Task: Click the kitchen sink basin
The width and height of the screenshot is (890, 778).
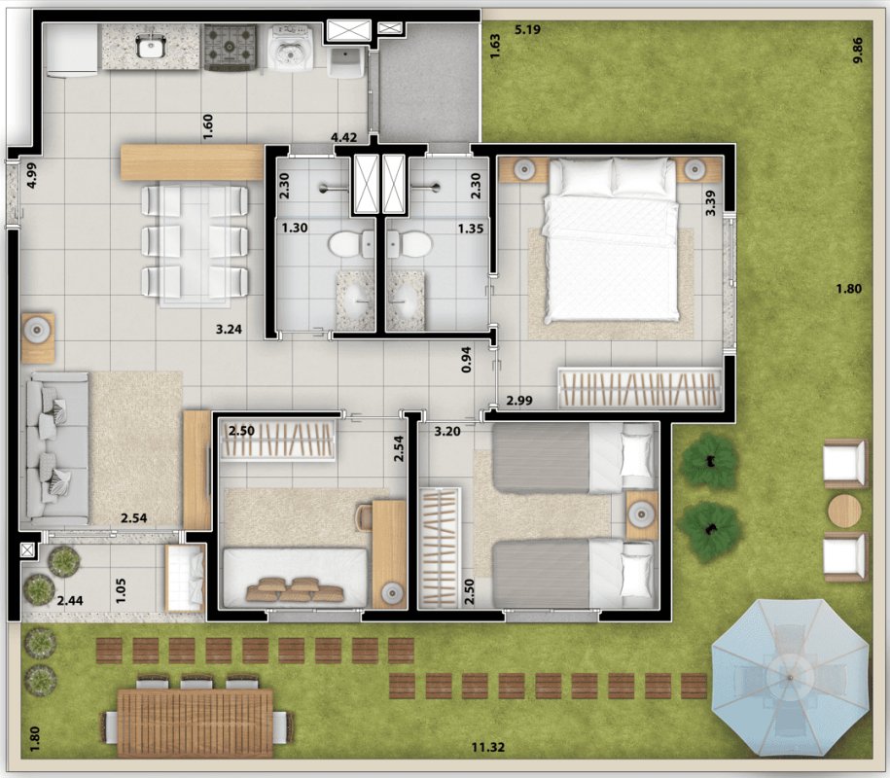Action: pos(151,46)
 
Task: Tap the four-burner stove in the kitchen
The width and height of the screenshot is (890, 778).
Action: pos(230,47)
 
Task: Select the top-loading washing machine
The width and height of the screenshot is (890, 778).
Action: pos(292,47)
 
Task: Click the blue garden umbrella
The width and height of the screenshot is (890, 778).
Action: pos(790,678)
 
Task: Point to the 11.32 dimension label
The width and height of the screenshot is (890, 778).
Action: pos(488,747)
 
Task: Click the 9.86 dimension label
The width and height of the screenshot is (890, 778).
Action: pos(857,50)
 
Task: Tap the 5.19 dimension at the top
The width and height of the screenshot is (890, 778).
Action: pos(527,29)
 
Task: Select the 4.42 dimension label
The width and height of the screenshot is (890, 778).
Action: pos(344,137)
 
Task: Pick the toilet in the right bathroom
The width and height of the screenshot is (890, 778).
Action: pos(409,244)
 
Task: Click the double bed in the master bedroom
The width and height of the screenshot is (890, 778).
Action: pos(611,239)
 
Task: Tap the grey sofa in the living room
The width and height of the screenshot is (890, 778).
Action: pos(56,448)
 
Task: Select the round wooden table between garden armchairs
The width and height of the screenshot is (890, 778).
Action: pos(844,511)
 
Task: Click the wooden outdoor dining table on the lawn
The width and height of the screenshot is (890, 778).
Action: pos(195,723)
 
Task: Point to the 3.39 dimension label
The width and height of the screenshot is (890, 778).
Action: pos(710,203)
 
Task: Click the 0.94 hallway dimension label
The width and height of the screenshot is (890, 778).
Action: pos(466,359)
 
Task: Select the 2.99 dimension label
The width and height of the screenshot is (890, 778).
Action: pos(519,401)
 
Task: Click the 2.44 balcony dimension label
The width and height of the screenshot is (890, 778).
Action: pos(70,600)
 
